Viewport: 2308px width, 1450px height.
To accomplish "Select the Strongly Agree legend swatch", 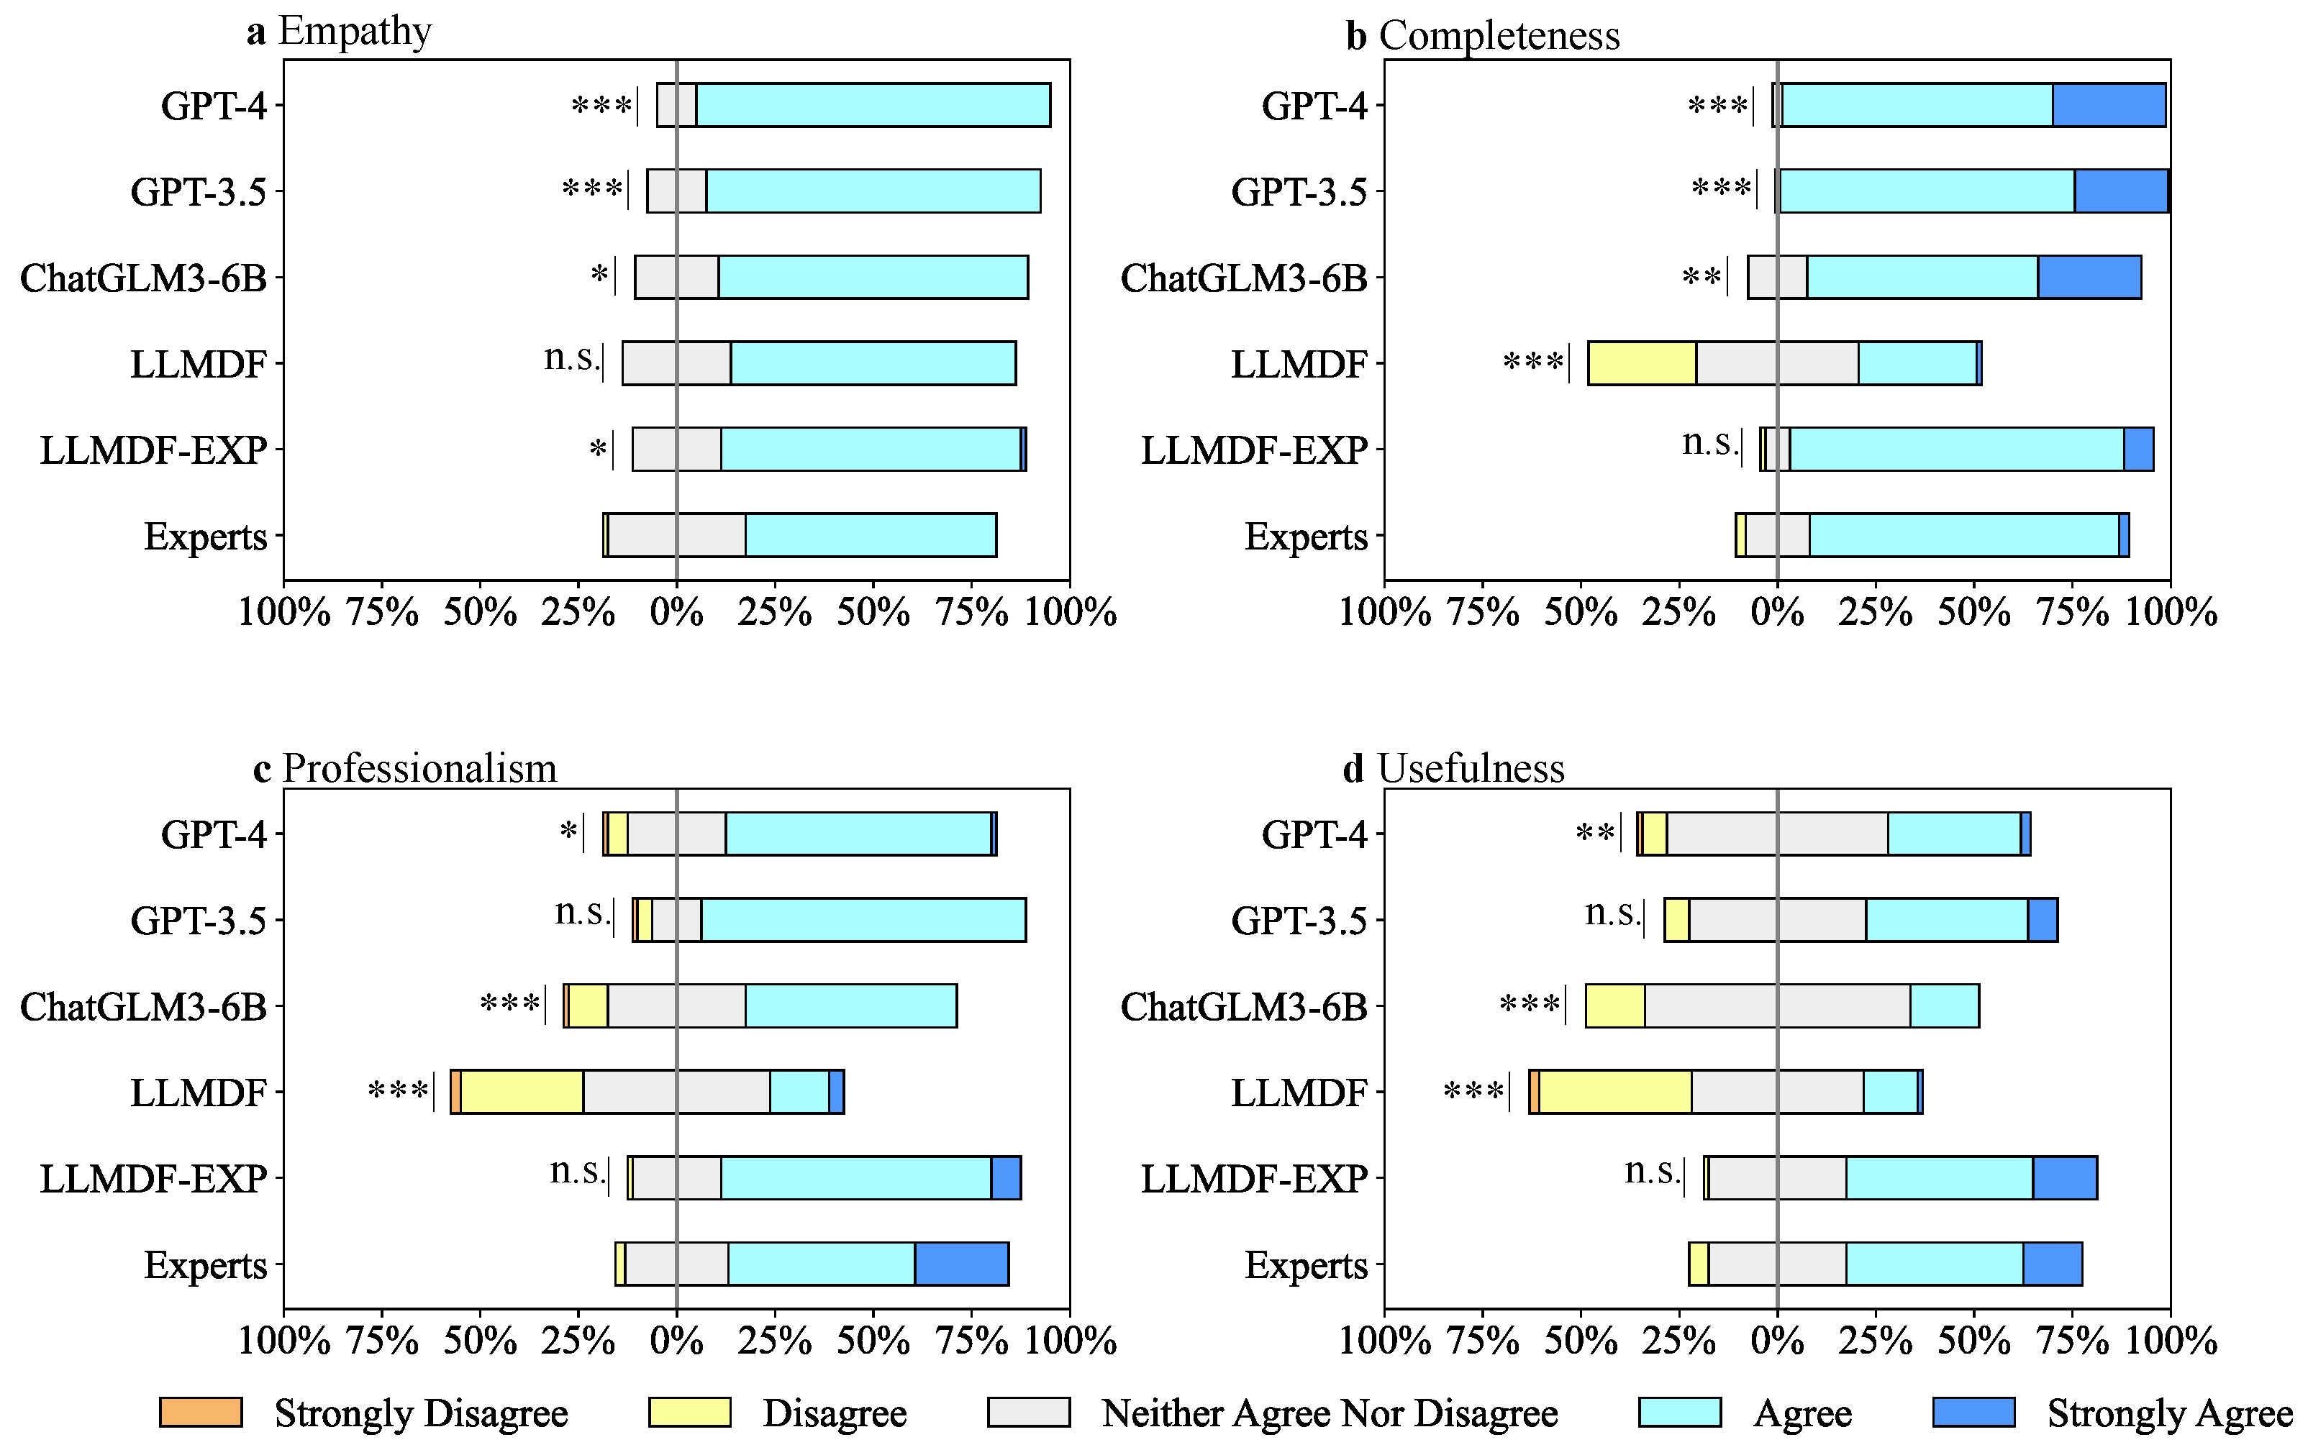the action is click(x=1973, y=1412).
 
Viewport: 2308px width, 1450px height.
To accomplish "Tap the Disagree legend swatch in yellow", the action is click(x=689, y=1412).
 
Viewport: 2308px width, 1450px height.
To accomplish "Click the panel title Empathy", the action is click(x=355, y=32).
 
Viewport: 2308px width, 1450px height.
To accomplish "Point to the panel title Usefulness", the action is click(x=1471, y=769).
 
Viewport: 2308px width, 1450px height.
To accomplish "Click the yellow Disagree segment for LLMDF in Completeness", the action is click(x=1642, y=363).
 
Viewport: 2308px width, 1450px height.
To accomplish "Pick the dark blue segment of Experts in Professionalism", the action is click(x=961, y=1264).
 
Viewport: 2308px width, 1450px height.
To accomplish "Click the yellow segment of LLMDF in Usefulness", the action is click(x=1615, y=1092).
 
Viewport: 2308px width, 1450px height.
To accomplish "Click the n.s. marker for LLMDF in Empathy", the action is click(x=571, y=358).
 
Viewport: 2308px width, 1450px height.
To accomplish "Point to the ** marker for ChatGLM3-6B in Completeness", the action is click(x=1702, y=278).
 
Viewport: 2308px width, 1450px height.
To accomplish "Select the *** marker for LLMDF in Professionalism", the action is click(x=398, y=1090).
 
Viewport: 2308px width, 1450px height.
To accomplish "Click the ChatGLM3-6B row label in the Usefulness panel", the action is click(x=1243, y=1006).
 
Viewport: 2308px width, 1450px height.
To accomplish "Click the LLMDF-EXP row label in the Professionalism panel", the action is click(x=153, y=1178).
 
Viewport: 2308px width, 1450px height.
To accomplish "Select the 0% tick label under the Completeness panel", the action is click(x=1777, y=611).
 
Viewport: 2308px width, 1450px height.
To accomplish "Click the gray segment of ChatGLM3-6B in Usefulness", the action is click(x=1777, y=1006).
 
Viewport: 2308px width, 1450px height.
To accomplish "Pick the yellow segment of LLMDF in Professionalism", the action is click(x=522, y=1092).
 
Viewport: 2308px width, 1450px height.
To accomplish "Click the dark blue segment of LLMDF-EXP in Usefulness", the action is click(x=2065, y=1178).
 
